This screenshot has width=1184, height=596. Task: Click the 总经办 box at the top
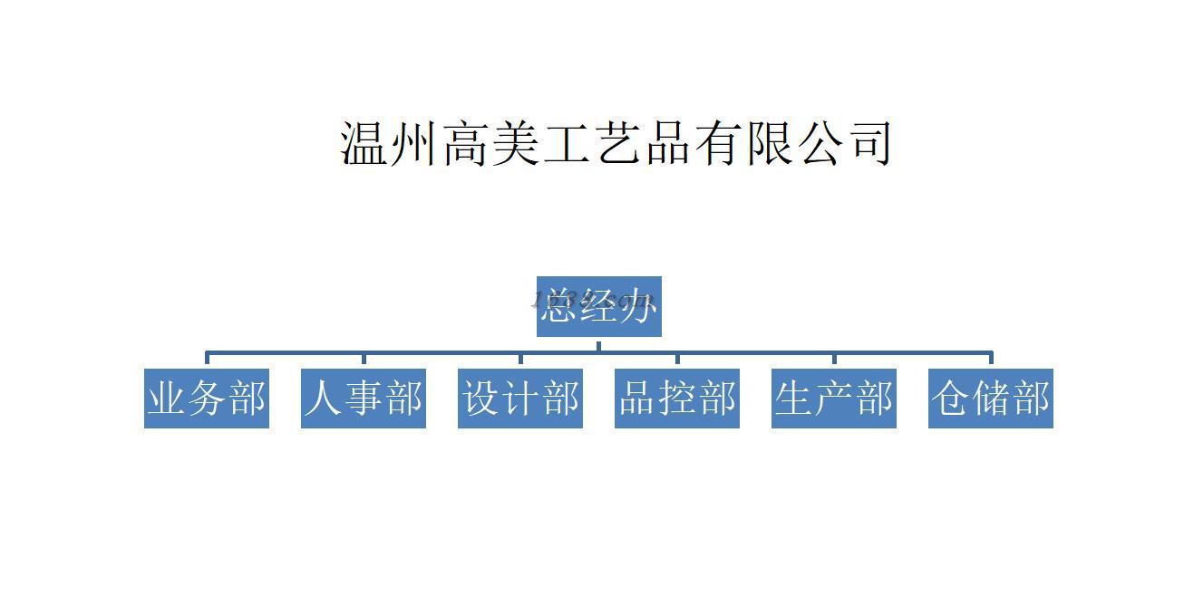598,306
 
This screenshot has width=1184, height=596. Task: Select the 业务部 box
207,398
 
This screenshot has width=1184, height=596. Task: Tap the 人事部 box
364,398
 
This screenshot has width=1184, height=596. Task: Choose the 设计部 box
520,398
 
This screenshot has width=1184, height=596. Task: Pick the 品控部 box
677,398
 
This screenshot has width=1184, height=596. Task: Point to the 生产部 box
834,398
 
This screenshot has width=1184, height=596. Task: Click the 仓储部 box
991,398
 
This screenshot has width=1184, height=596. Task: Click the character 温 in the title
365,143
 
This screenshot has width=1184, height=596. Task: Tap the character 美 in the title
517,143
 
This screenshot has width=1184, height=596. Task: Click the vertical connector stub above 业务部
207,360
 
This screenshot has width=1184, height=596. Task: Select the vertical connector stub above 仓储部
991,360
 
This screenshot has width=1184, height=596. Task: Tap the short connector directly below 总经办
598,344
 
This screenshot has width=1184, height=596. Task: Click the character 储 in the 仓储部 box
991,398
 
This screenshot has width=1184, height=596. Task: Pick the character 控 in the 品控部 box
677,398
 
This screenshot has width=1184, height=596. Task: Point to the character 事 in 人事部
364,398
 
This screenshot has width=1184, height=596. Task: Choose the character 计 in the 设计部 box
520,398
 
